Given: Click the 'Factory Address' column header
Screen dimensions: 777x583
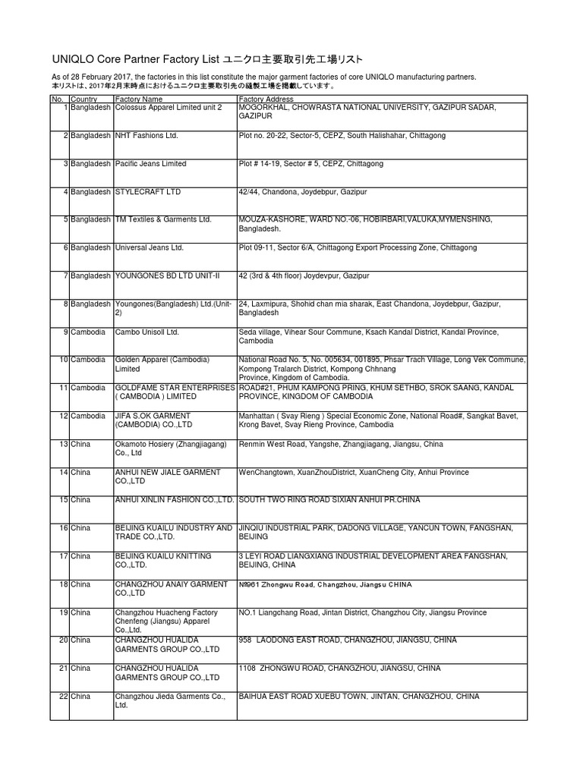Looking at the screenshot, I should point(266,99).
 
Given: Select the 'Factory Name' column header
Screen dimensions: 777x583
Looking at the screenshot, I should point(138,99).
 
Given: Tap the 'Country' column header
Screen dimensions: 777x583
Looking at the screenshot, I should point(84,99).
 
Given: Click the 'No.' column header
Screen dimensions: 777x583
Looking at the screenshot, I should point(58,99).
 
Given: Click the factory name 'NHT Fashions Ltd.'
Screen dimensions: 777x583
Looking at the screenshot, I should point(146,136).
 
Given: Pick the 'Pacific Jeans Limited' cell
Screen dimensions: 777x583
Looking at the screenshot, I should point(150,164).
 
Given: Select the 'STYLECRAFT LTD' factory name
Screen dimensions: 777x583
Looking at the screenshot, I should point(148,192).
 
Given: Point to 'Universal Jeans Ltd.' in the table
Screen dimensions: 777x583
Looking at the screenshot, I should point(149,247).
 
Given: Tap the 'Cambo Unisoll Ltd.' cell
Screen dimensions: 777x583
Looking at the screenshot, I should point(147,332).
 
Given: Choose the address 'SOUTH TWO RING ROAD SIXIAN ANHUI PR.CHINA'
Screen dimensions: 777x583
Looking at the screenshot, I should point(329,500).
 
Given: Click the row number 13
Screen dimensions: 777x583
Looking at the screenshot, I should point(64,444).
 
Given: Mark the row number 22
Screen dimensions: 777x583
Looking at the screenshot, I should point(64,696).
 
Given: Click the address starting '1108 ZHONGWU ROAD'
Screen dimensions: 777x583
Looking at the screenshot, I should point(339,668).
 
